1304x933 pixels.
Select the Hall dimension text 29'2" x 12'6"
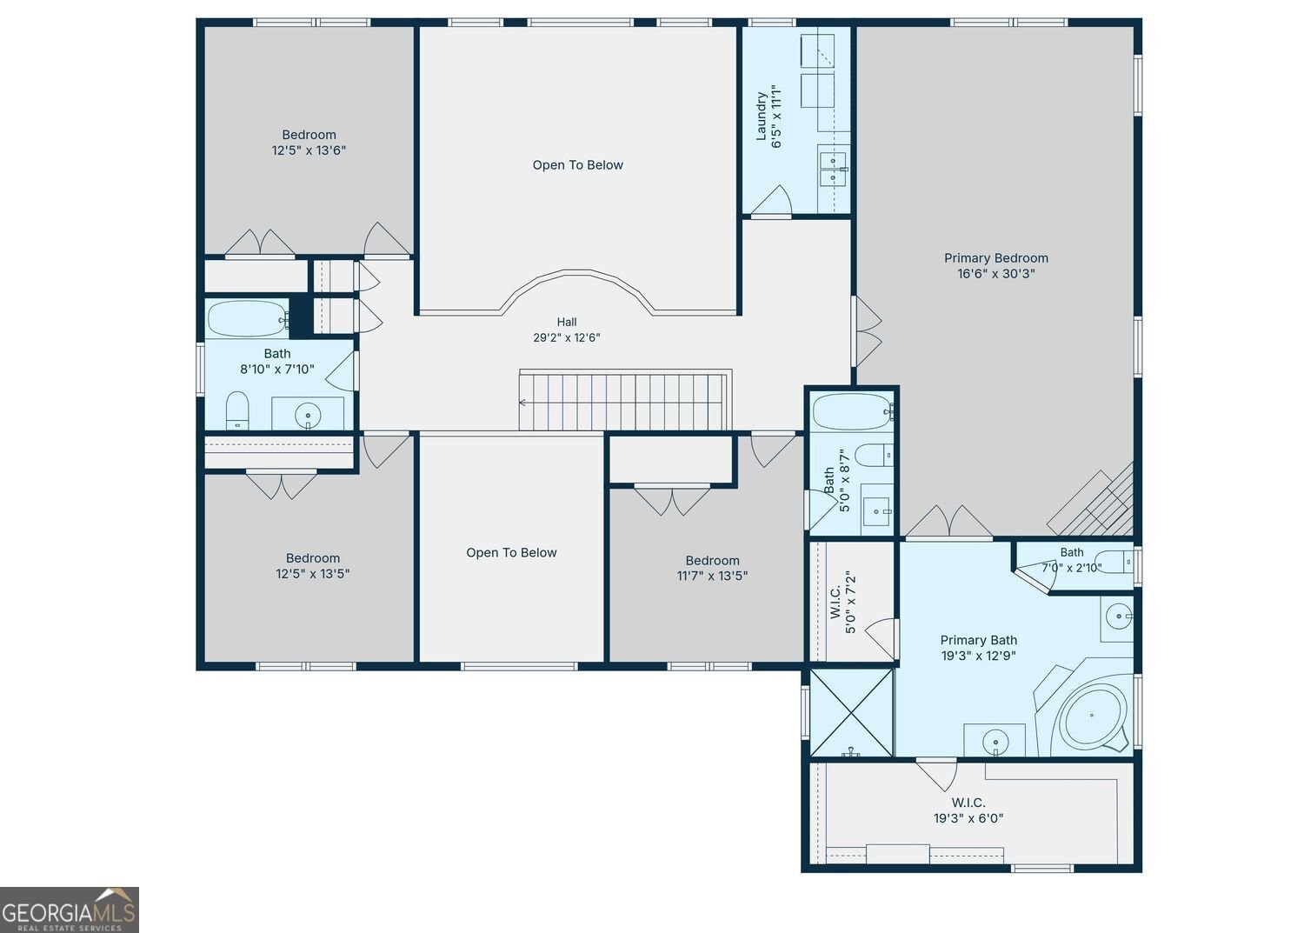click(x=567, y=337)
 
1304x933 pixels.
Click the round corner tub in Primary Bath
click(x=1092, y=716)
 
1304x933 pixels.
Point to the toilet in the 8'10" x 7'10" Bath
click(x=237, y=410)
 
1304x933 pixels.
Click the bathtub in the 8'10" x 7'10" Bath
click(x=248, y=318)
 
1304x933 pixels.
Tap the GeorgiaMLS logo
click(x=70, y=910)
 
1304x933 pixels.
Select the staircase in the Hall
click(x=625, y=400)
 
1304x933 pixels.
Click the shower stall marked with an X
click(x=851, y=713)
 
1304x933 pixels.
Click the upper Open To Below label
click(x=577, y=165)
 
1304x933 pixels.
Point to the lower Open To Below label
click(x=511, y=552)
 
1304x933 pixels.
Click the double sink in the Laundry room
click(x=833, y=169)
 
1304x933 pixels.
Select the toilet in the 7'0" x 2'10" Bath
click(x=1114, y=563)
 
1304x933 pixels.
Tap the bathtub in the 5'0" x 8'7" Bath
click(x=852, y=412)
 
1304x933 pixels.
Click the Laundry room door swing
click(x=771, y=200)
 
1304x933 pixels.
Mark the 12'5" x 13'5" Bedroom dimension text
click(x=313, y=574)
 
